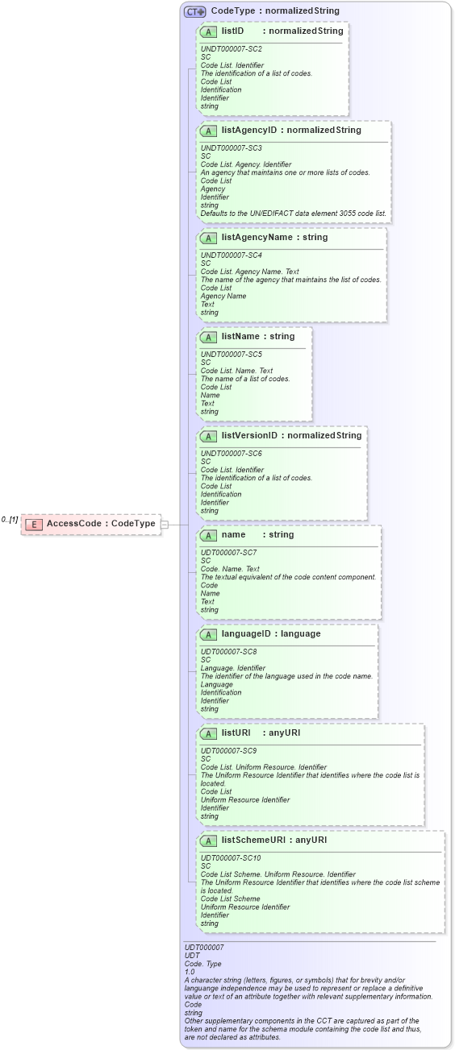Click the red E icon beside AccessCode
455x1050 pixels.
coord(34,524)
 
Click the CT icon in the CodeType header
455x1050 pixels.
coord(194,11)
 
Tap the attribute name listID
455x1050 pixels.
coord(232,31)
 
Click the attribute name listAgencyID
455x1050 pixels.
coord(250,130)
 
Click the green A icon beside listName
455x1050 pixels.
coord(208,337)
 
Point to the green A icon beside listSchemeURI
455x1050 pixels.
coord(208,840)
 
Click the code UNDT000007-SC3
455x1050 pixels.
coord(231,148)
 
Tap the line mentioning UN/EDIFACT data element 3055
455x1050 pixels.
coord(294,214)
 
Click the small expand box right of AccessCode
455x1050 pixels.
coord(165,524)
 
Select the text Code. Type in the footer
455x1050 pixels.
coord(202,964)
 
